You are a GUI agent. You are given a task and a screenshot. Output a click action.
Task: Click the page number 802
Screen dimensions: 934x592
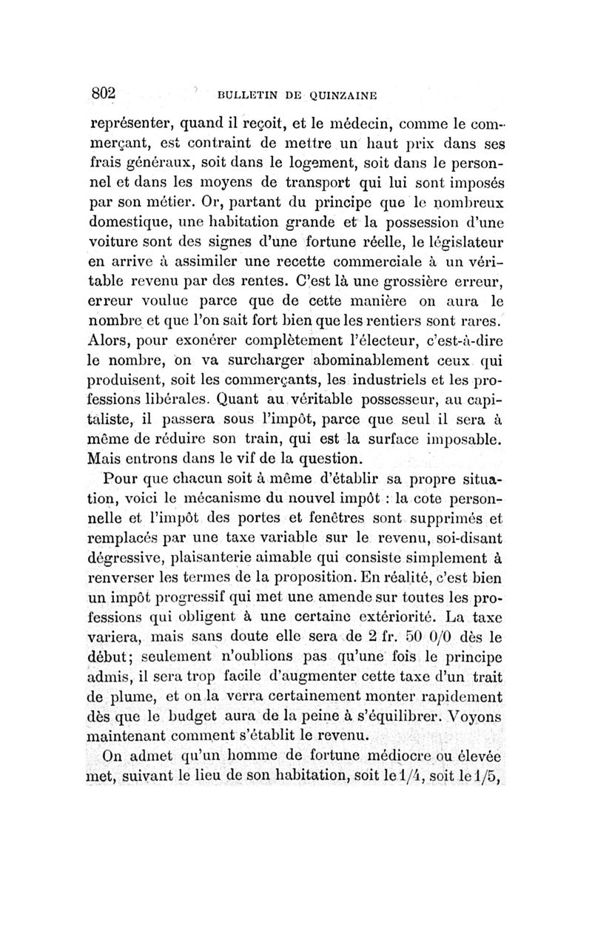(x=105, y=93)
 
